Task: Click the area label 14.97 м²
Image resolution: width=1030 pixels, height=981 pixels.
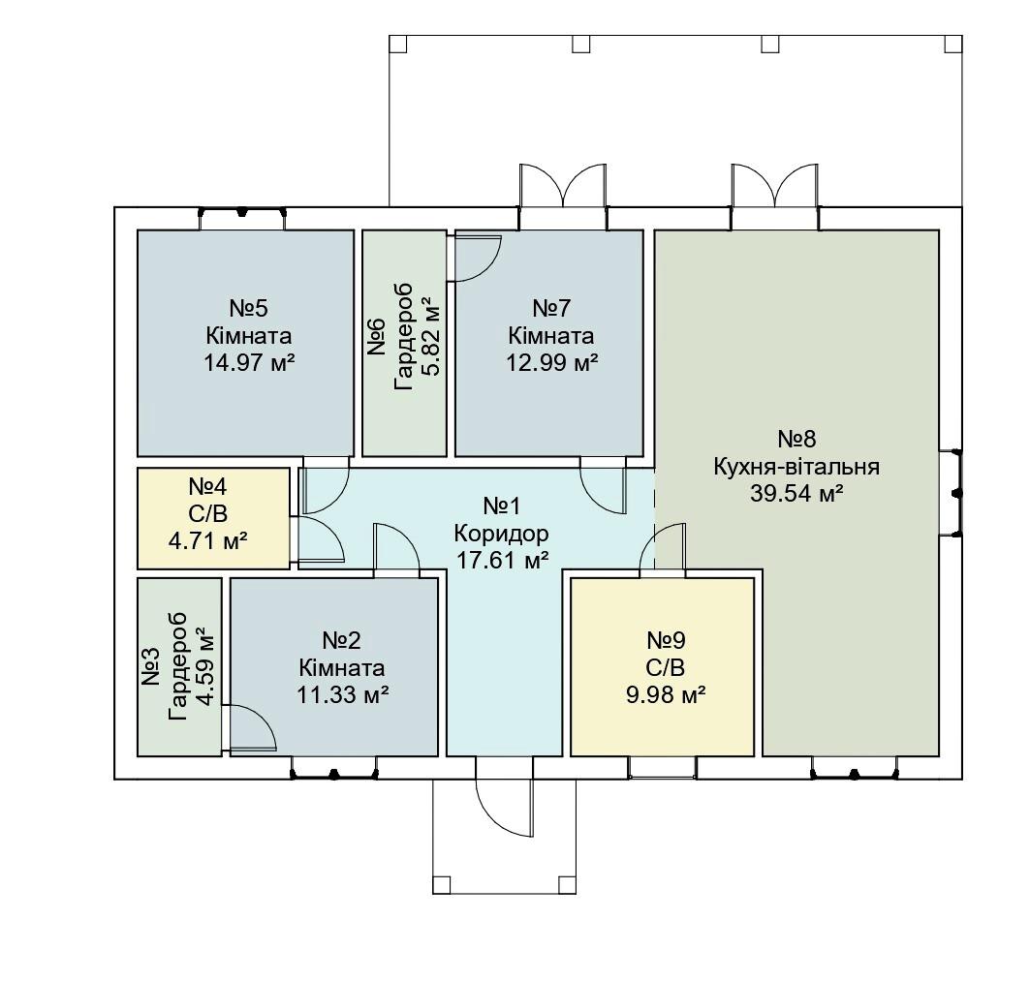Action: point(248,363)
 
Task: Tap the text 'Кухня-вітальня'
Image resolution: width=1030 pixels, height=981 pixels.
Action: point(796,467)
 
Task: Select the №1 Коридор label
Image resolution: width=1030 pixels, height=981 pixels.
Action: point(502,520)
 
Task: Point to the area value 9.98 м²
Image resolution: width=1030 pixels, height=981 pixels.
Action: point(666,694)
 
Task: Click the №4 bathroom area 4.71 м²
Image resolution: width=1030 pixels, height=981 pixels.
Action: point(207,541)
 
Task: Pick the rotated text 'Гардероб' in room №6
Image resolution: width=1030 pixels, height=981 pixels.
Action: point(405,336)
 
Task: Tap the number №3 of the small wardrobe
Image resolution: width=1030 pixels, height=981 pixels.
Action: point(150,666)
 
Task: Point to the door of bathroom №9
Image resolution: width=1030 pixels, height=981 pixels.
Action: point(664,548)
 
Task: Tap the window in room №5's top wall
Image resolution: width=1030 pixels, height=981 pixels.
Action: point(242,213)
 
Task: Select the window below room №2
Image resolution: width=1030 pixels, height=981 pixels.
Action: point(333,774)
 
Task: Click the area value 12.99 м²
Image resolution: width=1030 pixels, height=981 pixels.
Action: point(551,363)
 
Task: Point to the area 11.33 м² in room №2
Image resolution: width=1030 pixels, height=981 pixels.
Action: point(342,694)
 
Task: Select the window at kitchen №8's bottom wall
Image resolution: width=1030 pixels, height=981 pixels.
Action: point(855,774)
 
